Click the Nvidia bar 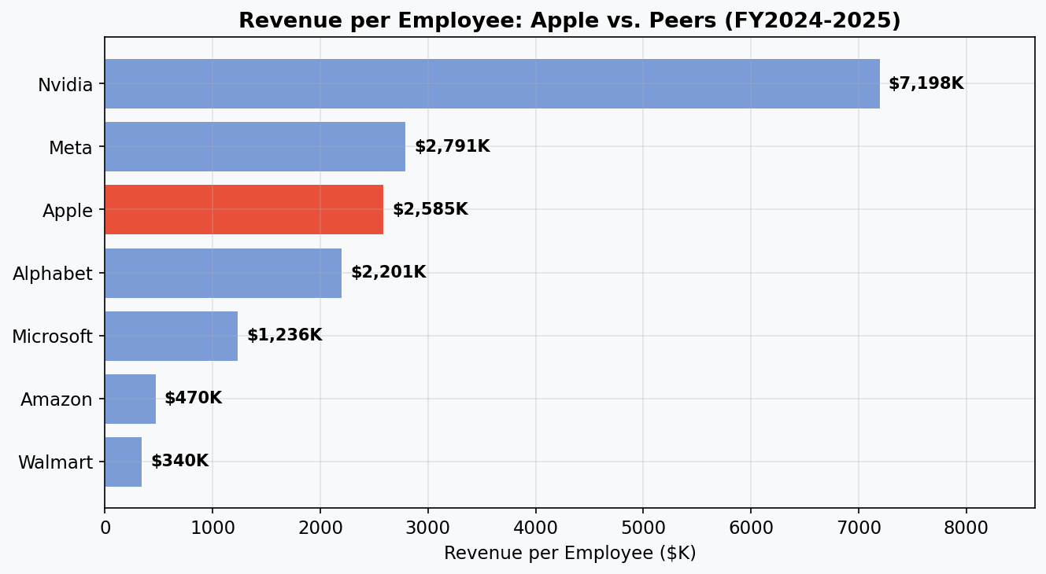492,83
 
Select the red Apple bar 244,210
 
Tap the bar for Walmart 123,462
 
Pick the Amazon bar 130,399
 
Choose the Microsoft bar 171,336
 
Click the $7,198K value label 926,83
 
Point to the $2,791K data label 452,146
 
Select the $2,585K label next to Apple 430,209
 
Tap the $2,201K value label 388,272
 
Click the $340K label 179,461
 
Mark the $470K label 193,398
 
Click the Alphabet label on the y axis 53,274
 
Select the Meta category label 70,148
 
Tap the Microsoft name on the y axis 52,337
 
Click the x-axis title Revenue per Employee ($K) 569,554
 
